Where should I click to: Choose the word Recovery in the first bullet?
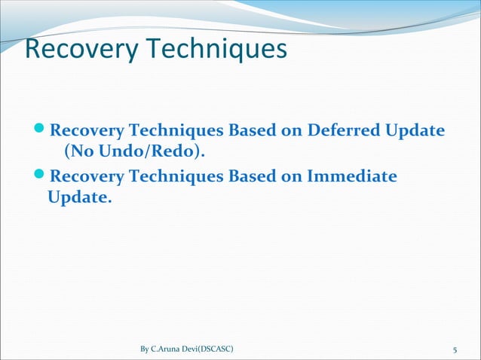coord(86,130)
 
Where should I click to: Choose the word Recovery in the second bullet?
coord(86,177)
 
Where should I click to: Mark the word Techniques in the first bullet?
coord(175,130)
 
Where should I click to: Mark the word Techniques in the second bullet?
coord(175,177)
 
